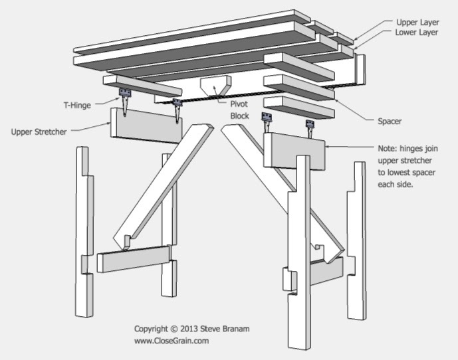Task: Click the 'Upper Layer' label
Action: (x=418, y=21)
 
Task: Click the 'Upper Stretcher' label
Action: (x=39, y=132)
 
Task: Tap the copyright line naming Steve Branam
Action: (x=191, y=329)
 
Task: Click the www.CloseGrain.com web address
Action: (x=172, y=341)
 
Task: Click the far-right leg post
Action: (x=356, y=239)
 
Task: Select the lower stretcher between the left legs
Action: (x=134, y=258)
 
